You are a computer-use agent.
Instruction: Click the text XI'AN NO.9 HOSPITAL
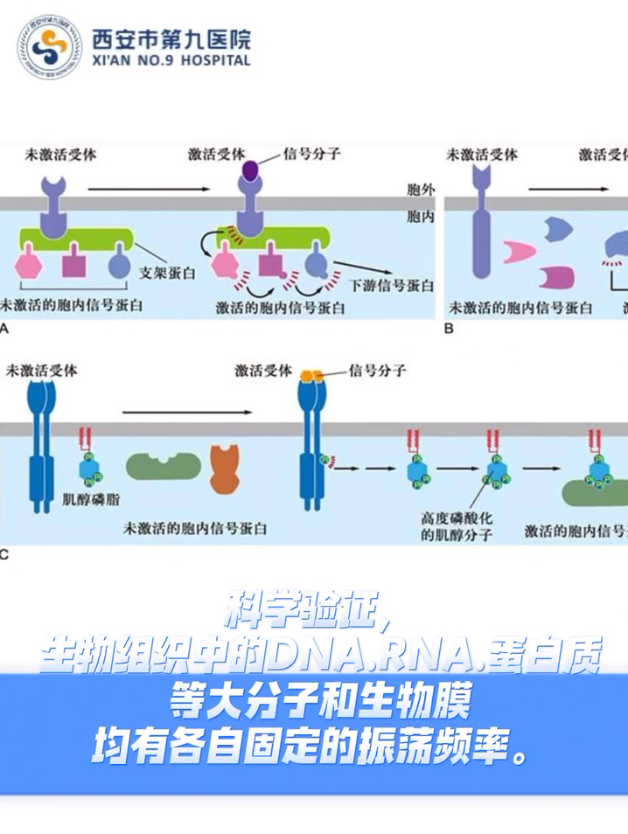click(x=171, y=60)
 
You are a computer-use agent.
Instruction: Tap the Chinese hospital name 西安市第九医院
click(x=171, y=38)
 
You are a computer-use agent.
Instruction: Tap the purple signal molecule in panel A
click(x=251, y=170)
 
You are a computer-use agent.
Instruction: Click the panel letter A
click(x=5, y=330)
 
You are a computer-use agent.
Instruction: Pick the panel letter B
click(x=449, y=330)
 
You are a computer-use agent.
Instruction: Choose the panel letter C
click(x=5, y=553)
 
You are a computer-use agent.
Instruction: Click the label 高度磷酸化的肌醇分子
click(x=456, y=525)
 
